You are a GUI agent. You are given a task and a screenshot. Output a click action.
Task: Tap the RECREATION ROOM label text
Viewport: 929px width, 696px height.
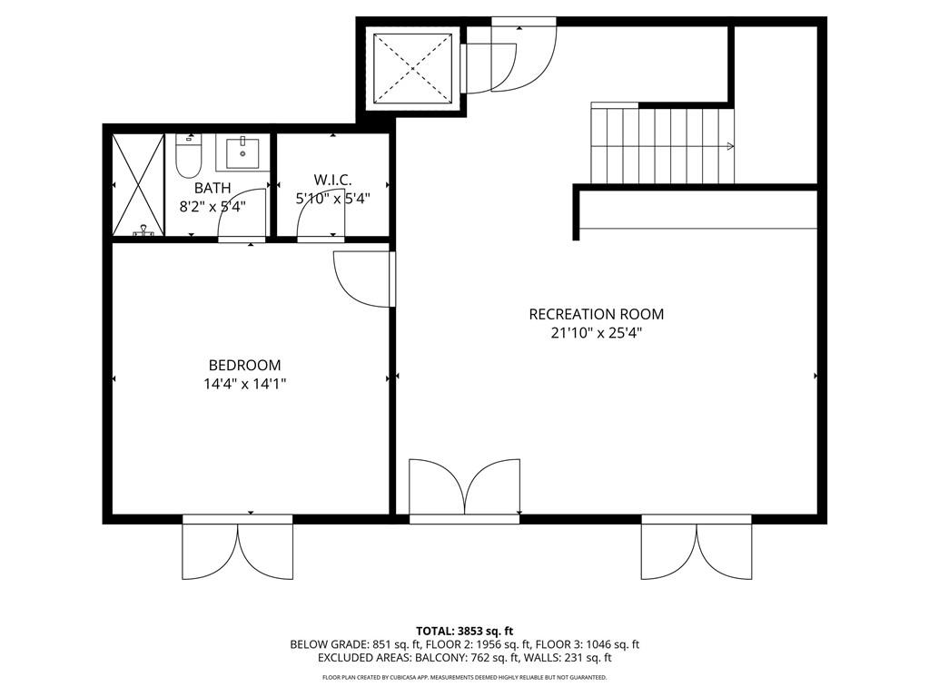pos(596,314)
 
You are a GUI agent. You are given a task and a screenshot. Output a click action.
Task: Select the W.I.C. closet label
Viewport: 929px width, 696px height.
pos(332,180)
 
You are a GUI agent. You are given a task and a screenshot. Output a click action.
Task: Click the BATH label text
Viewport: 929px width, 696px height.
pos(212,188)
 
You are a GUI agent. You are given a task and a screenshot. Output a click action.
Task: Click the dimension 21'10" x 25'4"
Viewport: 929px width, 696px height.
pos(596,333)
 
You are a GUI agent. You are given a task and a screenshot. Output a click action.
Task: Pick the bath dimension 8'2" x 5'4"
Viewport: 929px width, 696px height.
pos(212,205)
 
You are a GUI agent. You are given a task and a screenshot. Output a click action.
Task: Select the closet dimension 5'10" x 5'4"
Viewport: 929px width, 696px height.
pos(332,199)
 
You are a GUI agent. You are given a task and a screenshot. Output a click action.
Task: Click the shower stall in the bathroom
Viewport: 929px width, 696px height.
pos(137,184)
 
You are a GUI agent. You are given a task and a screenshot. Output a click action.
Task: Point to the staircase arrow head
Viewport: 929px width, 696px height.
pos(731,146)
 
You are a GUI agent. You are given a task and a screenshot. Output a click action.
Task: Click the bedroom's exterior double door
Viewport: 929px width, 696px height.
pos(238,550)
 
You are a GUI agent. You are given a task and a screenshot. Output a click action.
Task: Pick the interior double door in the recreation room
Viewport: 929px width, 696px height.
pos(464,490)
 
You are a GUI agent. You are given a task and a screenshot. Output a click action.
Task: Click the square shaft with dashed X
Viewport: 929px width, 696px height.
pos(413,69)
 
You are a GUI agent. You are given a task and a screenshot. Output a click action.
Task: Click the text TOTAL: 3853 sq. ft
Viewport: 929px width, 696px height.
pos(464,631)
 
